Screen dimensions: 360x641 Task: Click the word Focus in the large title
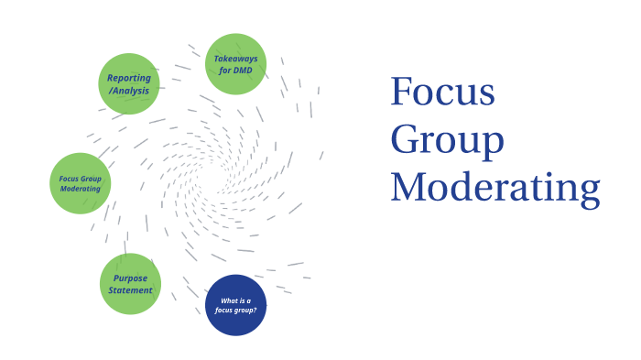(x=442, y=93)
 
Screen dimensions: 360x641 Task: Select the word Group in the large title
(x=447, y=141)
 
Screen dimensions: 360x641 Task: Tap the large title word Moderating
(x=495, y=187)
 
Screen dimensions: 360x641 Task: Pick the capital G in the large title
(x=407, y=139)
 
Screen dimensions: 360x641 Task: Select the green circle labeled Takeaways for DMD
(x=236, y=64)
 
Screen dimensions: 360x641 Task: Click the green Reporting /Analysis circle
(x=129, y=83)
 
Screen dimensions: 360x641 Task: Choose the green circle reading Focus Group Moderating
(x=81, y=183)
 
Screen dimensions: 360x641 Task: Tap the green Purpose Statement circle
(x=130, y=284)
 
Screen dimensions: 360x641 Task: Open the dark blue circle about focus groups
(x=236, y=305)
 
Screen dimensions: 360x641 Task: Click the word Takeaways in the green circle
(x=236, y=59)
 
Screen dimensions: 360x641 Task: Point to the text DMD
(x=244, y=71)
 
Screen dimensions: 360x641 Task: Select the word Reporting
(x=129, y=78)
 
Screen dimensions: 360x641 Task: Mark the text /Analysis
(x=128, y=90)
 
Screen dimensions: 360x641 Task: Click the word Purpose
(x=130, y=278)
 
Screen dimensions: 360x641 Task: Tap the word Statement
(x=130, y=290)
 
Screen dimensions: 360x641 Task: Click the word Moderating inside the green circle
(x=81, y=189)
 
